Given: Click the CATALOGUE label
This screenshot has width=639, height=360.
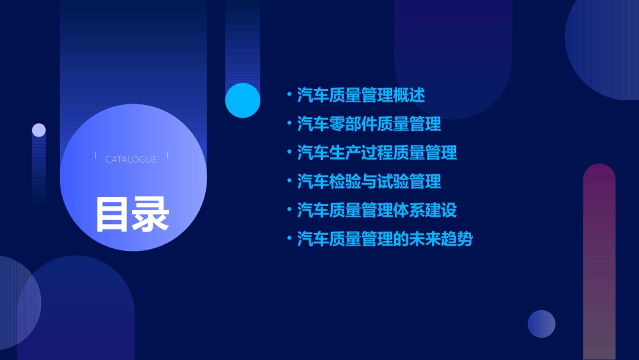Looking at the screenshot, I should click(131, 159).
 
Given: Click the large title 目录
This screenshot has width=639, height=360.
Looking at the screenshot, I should click(132, 215).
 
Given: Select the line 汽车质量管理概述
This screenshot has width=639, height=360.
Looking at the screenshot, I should click(361, 95).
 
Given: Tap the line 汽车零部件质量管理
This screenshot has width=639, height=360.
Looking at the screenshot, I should click(369, 124).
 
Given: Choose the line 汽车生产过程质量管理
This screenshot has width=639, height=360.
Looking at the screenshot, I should click(377, 153).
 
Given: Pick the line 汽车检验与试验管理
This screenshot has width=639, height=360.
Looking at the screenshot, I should click(369, 181).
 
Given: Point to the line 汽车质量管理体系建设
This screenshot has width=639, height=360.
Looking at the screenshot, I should click(377, 210).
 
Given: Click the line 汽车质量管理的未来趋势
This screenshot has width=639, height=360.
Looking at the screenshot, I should click(385, 239).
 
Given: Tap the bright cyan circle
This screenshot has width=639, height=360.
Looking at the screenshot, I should click(243, 100).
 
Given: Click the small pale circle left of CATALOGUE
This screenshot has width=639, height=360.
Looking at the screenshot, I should click(39, 130).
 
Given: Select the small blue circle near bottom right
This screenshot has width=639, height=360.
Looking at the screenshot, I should click(541, 324).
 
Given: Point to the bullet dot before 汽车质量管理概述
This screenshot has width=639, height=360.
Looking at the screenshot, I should click(289, 95).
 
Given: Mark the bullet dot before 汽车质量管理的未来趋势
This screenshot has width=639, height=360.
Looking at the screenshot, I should click(289, 239).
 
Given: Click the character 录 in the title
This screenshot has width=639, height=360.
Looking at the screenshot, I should click(151, 215).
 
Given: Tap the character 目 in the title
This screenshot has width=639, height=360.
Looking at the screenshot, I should click(112, 215).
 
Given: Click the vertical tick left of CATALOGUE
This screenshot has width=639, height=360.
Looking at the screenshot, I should click(96, 156).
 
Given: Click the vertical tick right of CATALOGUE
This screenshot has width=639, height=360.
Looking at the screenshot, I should click(167, 156).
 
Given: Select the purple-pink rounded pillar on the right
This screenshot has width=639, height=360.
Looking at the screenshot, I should click(599, 262).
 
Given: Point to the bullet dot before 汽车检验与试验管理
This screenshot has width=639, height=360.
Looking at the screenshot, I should click(289, 181).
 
